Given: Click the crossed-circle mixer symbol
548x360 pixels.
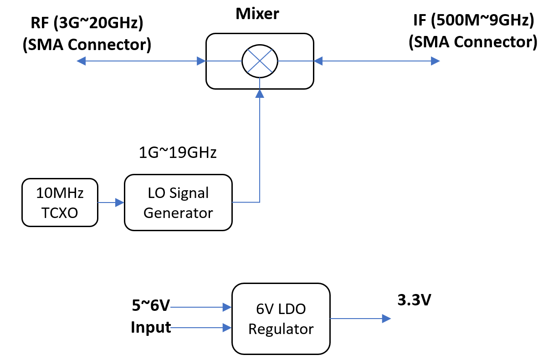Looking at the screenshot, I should tap(260, 61).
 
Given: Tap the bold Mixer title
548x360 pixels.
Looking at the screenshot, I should tap(257, 14).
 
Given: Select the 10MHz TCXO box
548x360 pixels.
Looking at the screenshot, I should tap(60, 203).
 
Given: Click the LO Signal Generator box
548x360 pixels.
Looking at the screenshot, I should tap(178, 203).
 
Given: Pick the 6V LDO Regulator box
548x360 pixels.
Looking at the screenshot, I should tap(281, 319).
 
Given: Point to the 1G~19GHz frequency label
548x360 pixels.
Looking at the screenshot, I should tap(178, 153).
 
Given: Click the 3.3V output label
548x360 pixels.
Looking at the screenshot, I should tap(414, 301).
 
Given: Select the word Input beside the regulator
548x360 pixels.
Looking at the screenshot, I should tap(151, 327).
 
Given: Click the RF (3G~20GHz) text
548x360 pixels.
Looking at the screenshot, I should tap(87, 24).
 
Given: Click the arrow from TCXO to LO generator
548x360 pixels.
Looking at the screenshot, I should tap(111, 203).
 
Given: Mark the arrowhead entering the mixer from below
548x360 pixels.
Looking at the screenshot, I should tap(260, 94).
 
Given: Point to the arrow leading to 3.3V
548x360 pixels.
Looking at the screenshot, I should tap(360, 319).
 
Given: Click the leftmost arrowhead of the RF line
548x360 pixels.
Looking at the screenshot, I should tap(81, 61).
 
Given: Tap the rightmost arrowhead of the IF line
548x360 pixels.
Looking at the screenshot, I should tap(435, 61).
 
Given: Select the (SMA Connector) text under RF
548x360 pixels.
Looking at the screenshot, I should tap(87, 45).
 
